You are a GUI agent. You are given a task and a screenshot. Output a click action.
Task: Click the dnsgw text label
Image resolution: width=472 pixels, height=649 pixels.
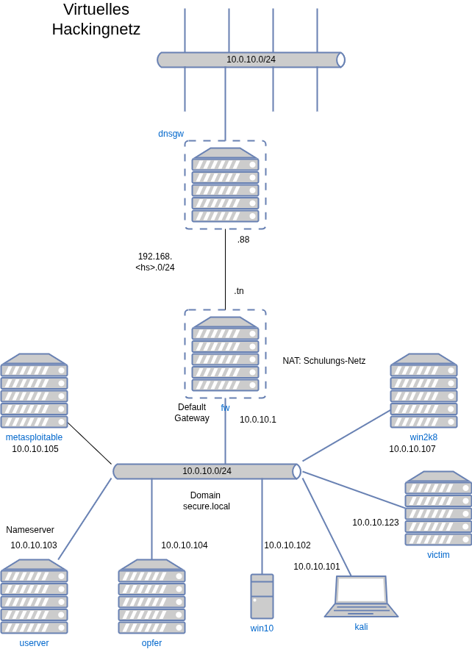click(171, 134)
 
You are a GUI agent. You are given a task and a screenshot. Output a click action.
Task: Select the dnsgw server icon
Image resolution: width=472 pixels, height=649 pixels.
click(225, 185)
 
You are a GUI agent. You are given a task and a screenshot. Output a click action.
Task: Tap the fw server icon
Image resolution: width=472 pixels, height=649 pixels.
click(225, 354)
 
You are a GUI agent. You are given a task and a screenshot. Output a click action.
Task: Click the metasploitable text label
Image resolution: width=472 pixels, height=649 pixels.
click(34, 437)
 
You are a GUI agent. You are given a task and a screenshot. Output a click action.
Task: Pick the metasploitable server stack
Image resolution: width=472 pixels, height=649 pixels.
click(34, 391)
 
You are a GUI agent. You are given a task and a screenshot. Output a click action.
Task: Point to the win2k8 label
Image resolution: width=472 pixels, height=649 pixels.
click(423, 437)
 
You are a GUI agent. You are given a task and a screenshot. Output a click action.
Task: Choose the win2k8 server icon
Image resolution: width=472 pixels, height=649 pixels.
click(423, 391)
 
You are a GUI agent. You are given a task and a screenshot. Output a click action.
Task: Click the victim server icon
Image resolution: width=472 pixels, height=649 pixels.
click(438, 509)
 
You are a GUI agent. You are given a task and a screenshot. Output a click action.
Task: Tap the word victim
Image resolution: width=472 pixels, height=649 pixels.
click(438, 555)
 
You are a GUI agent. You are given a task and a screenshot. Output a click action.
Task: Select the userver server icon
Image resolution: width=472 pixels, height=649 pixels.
click(34, 597)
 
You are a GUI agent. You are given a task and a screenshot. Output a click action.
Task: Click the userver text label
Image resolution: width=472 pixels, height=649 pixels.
click(34, 643)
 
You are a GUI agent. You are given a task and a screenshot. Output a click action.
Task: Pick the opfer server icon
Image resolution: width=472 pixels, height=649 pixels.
click(151, 597)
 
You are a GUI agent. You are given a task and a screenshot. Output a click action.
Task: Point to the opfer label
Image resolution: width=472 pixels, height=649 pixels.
click(151, 643)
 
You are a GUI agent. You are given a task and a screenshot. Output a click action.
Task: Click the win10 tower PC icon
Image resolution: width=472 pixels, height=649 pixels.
click(262, 597)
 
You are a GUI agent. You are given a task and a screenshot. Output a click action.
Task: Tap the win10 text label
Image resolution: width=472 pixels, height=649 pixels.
click(262, 628)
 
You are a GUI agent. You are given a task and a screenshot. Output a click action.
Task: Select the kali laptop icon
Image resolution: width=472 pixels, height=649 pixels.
click(362, 595)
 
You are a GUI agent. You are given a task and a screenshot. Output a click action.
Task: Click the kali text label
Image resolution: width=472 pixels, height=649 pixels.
click(361, 627)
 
